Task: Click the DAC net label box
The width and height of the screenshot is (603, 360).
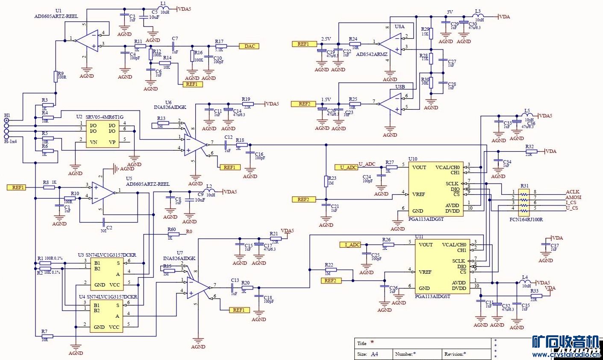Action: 249,46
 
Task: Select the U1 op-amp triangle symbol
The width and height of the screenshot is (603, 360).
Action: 88,41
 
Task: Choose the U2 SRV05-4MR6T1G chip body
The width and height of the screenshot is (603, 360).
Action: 103,134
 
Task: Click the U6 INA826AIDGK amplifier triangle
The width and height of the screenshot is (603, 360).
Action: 194,144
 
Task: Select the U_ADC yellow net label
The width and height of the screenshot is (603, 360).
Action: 346,167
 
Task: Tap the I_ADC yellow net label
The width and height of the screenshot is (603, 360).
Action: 350,245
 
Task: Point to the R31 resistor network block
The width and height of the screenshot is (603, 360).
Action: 524,201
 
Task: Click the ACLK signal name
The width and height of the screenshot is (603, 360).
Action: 573,192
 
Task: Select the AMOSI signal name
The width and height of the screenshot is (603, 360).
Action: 574,198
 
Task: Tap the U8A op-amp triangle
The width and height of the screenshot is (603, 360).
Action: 390,44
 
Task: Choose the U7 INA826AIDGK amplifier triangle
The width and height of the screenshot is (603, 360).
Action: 198,287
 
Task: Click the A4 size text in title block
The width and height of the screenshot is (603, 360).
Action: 374,354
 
